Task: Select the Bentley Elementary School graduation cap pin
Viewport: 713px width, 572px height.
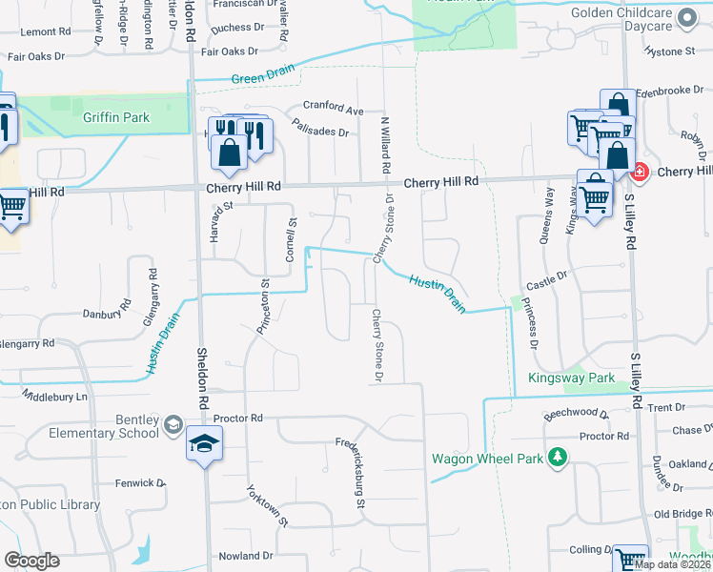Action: click(x=204, y=445)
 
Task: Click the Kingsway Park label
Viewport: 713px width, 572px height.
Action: click(x=572, y=378)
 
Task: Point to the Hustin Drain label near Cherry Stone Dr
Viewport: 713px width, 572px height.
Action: click(x=438, y=293)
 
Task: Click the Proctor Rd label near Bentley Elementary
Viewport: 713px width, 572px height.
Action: click(x=237, y=419)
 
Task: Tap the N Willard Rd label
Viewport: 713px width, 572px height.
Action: click(x=386, y=144)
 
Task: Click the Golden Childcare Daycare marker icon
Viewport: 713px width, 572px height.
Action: click(x=684, y=17)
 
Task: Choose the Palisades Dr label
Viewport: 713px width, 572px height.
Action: click(x=321, y=127)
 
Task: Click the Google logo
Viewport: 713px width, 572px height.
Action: click(x=31, y=561)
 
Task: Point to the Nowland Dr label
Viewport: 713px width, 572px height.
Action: click(x=246, y=556)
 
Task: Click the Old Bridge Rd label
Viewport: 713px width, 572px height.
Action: click(x=679, y=514)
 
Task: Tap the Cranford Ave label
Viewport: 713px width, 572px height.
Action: click(x=334, y=108)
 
